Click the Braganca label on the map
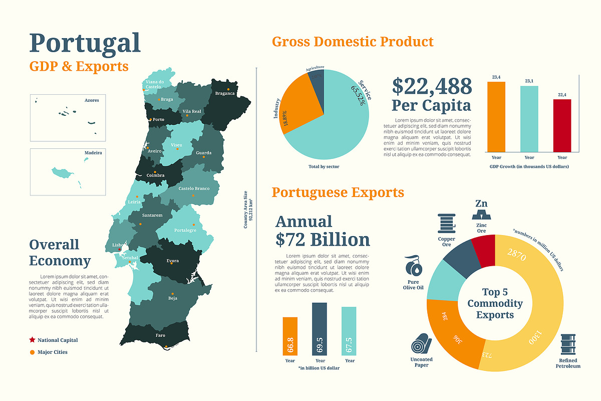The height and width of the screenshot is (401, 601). point(225,93)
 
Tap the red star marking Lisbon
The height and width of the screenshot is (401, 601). point(119,249)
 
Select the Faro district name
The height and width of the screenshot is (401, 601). point(160,335)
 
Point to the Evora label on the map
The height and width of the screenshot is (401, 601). point(172,261)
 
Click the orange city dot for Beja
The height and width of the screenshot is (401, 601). point(173,294)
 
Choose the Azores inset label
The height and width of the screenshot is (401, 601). point(92,100)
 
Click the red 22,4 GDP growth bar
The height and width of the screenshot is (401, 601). point(562,125)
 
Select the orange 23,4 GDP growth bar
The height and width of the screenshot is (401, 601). point(496,116)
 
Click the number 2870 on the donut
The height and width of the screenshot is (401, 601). point(516,254)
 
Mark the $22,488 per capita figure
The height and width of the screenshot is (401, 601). point(432,86)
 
